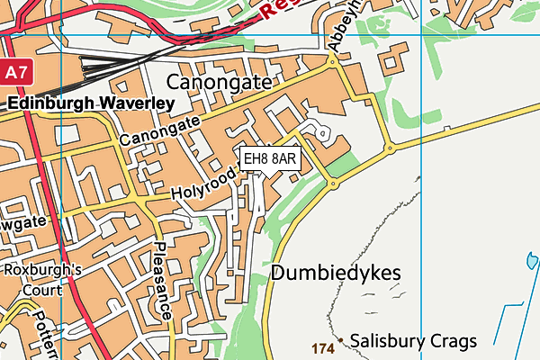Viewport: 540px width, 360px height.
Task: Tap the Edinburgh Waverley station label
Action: (90, 103)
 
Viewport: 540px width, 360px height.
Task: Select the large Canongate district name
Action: (219, 83)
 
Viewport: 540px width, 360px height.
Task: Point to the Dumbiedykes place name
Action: (335, 273)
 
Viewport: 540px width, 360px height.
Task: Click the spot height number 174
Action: (323, 347)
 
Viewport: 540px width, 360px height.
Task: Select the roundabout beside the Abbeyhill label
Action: (333, 61)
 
